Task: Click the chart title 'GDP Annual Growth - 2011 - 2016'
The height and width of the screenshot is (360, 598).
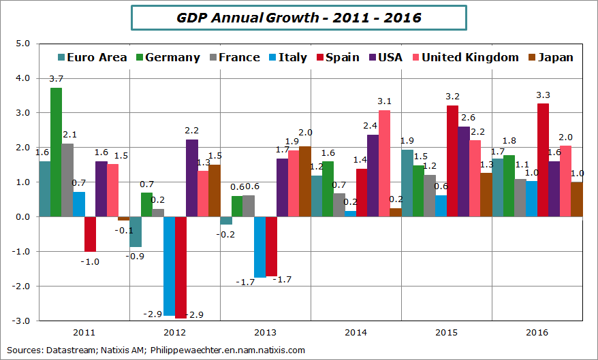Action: point(298,18)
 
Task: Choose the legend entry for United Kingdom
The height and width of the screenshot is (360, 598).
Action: point(470,57)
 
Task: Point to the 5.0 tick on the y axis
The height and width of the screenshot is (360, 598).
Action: point(23,44)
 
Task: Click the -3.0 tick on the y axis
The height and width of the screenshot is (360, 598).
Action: point(22,321)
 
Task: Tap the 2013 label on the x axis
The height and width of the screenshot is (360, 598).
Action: point(265,333)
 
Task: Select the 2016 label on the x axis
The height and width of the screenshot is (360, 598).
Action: point(537,333)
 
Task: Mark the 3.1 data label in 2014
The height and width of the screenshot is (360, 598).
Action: point(384,101)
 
